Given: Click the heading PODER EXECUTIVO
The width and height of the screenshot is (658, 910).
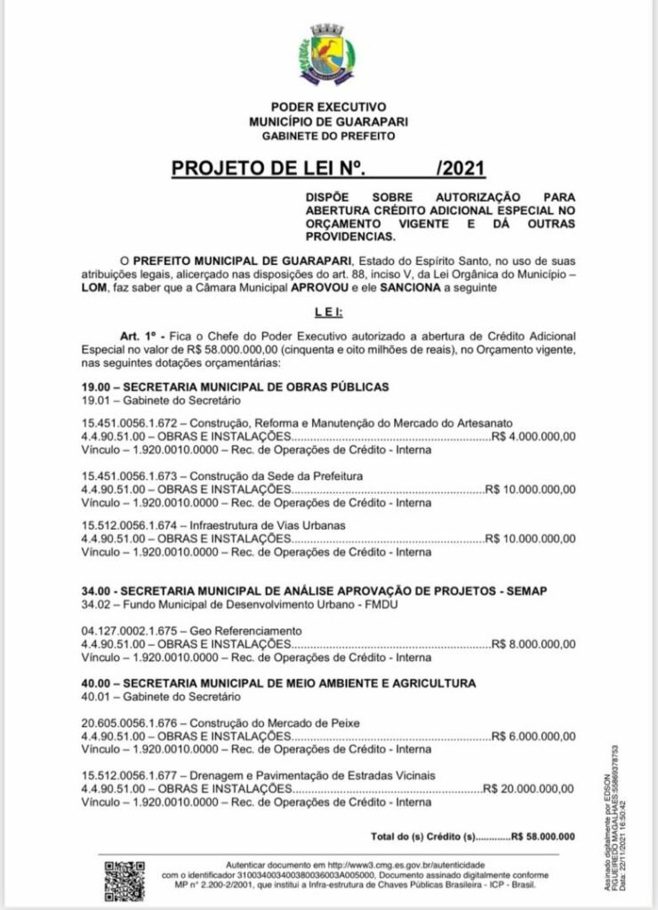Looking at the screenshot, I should point(328,108).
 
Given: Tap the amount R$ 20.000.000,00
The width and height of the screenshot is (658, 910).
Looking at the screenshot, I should point(530,786).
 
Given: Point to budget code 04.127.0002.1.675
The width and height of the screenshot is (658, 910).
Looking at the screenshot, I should point(131,630).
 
